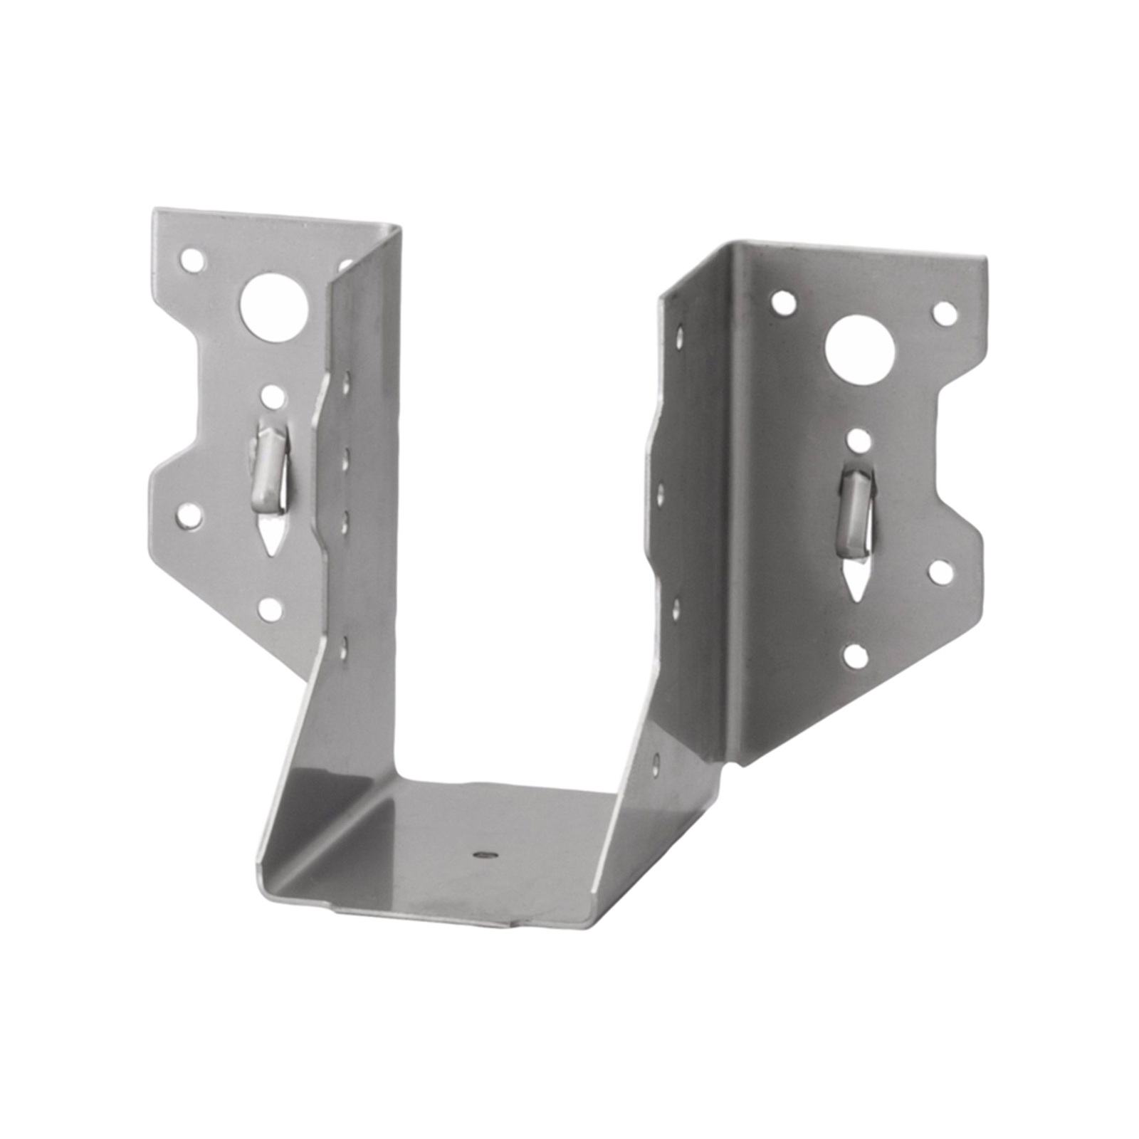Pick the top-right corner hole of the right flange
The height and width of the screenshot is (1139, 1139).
pos(943,310)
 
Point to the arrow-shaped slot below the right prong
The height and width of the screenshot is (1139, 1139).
pos(854,591)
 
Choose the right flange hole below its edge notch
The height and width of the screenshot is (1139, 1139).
pos(942,569)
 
